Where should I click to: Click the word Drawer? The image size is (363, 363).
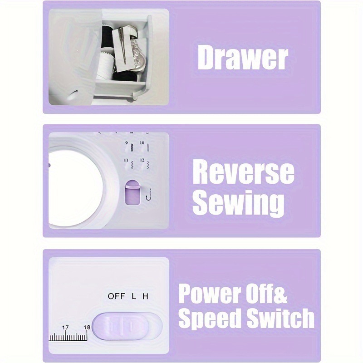click(x=243, y=58)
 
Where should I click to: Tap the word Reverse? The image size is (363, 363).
click(x=243, y=172)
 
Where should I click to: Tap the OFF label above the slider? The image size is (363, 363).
click(x=116, y=296)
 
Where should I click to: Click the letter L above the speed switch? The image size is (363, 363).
click(x=134, y=296)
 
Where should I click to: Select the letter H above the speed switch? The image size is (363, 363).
click(x=145, y=296)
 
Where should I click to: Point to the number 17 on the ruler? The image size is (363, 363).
click(x=65, y=327)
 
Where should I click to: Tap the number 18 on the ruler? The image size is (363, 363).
click(x=87, y=327)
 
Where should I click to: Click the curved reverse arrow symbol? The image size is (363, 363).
click(x=148, y=196)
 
